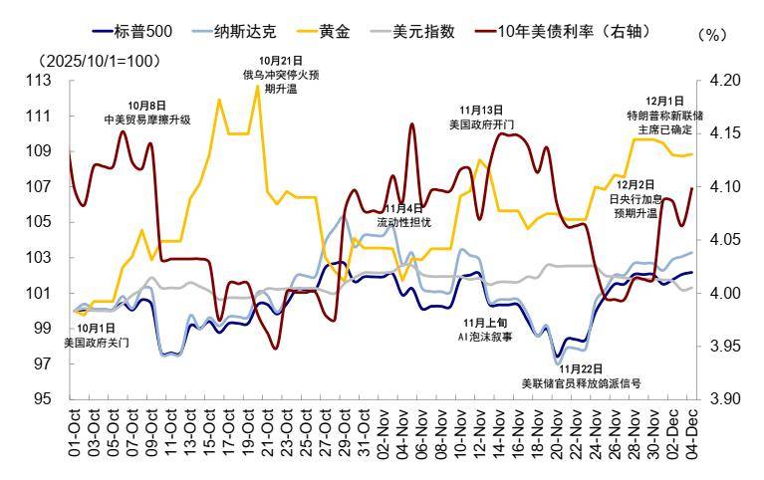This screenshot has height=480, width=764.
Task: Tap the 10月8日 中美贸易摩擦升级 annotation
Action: point(147,112)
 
